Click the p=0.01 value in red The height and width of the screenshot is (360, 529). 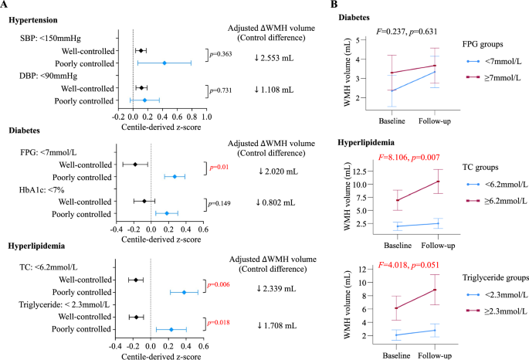pyautogui.click(x=219, y=167)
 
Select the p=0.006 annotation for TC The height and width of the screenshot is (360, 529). pyautogui.click(x=219, y=285)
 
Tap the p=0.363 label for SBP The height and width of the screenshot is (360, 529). pyautogui.click(x=221, y=54)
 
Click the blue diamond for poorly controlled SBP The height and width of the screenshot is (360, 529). pyautogui.click(x=164, y=63)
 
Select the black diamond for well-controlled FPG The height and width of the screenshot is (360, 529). pyautogui.click(x=135, y=165)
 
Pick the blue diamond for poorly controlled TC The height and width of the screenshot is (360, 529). pyautogui.click(x=184, y=292)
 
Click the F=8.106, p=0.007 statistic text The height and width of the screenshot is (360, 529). pyautogui.click(x=409, y=158)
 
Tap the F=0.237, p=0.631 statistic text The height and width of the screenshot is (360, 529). pyautogui.click(x=406, y=32)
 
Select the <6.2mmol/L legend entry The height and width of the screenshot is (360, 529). pyautogui.click(x=497, y=184)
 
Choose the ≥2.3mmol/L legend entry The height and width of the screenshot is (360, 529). pyautogui.click(x=497, y=311)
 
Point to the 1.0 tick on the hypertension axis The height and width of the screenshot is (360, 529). pyautogui.click(x=206, y=117)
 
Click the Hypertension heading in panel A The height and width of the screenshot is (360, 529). pyautogui.click(x=33, y=20)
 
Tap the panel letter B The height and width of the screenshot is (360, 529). pyautogui.click(x=334, y=4)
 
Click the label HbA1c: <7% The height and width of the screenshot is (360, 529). pyautogui.click(x=42, y=190)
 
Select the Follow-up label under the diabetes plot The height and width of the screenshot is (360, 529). pyautogui.click(x=435, y=121)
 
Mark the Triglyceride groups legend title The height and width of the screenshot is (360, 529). pyautogui.click(x=495, y=277)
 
